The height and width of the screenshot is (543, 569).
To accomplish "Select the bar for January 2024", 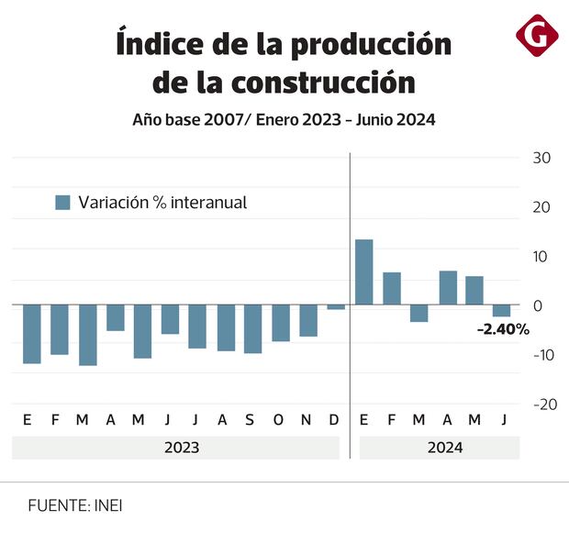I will pyautogui.click(x=363, y=271).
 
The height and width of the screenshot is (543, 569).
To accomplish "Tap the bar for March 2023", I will pyautogui.click(x=87, y=335).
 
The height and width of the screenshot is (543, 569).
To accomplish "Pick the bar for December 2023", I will pyautogui.click(x=336, y=307).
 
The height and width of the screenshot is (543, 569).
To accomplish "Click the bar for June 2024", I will pyautogui.click(x=501, y=311).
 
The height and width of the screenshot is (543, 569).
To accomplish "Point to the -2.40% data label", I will pyautogui.click(x=503, y=328).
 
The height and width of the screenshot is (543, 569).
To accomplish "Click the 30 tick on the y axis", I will pyautogui.click(x=541, y=158).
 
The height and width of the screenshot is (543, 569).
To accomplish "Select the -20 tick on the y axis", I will pyautogui.click(x=541, y=404).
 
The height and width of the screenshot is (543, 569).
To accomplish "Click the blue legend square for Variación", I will pyautogui.click(x=62, y=203).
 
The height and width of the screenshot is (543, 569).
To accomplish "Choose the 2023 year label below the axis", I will pyautogui.click(x=181, y=448).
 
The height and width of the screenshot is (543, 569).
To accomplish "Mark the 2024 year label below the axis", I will pyautogui.click(x=444, y=448).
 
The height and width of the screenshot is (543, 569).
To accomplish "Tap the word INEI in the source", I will pyautogui.click(x=108, y=505).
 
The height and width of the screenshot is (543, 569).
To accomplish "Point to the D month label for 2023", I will pyautogui.click(x=333, y=420).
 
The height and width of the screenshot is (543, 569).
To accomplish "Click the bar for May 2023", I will pyautogui.click(x=142, y=331).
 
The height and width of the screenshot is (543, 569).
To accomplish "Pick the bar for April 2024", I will pyautogui.click(x=448, y=287).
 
